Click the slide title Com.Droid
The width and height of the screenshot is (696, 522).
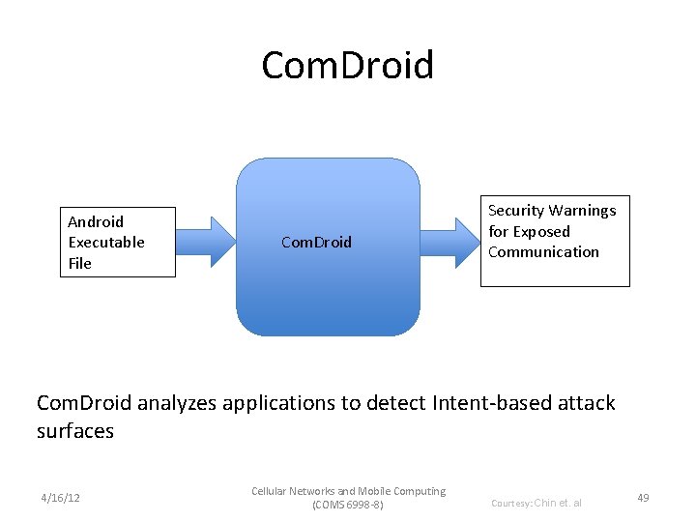coord(348,66)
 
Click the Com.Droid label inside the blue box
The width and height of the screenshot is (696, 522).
coord(316,242)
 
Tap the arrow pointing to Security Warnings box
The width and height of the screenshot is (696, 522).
coord(451,241)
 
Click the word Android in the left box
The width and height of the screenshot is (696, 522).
coord(96,221)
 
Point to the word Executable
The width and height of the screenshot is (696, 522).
coord(106,242)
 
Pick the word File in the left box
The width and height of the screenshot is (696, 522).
coord(79,263)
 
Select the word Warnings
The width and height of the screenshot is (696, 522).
coord(585,211)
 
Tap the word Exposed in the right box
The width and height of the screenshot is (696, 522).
coord(541,231)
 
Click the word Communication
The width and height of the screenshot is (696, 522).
coord(543,252)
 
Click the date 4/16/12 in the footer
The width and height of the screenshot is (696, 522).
coord(60,498)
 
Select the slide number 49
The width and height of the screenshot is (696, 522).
coord(643,498)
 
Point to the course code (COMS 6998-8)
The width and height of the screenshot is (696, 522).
coord(348,505)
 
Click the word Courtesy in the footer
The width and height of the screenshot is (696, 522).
coord(510,503)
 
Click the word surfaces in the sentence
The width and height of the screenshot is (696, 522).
coord(75,431)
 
